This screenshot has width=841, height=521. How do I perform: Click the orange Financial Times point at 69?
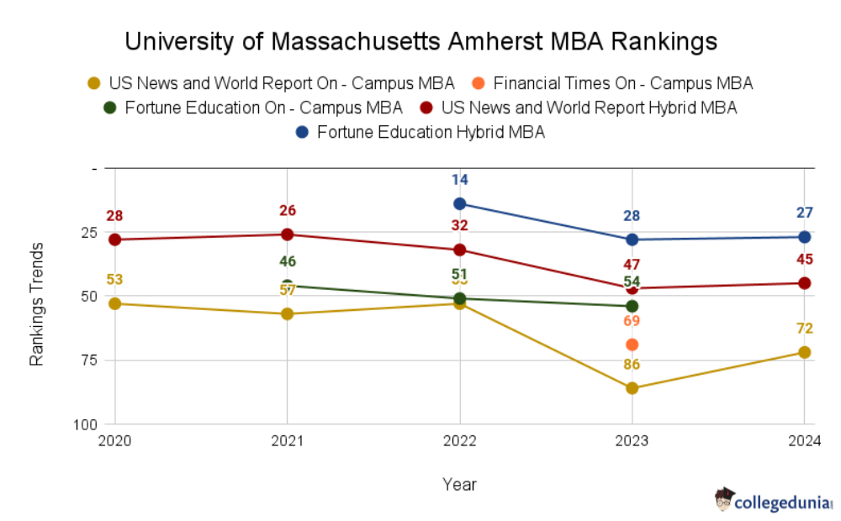click(x=632, y=345)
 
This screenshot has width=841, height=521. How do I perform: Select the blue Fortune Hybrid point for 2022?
click(x=459, y=203)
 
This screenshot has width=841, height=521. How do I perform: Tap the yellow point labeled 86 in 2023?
click(x=632, y=388)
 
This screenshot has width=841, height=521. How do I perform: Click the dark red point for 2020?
click(x=115, y=239)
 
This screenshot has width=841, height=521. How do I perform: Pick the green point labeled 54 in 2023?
click(x=632, y=306)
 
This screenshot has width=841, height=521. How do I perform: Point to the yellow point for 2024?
click(x=804, y=352)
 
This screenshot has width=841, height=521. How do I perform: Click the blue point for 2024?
click(x=804, y=237)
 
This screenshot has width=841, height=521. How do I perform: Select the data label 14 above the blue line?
click(x=459, y=180)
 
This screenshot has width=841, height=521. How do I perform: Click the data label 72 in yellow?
click(x=804, y=329)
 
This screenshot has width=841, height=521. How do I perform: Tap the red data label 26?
click(x=288, y=211)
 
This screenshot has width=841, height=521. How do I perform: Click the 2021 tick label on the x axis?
click(x=288, y=440)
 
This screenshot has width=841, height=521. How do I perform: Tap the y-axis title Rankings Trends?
click(x=37, y=304)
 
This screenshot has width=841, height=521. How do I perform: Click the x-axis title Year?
click(x=459, y=485)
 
